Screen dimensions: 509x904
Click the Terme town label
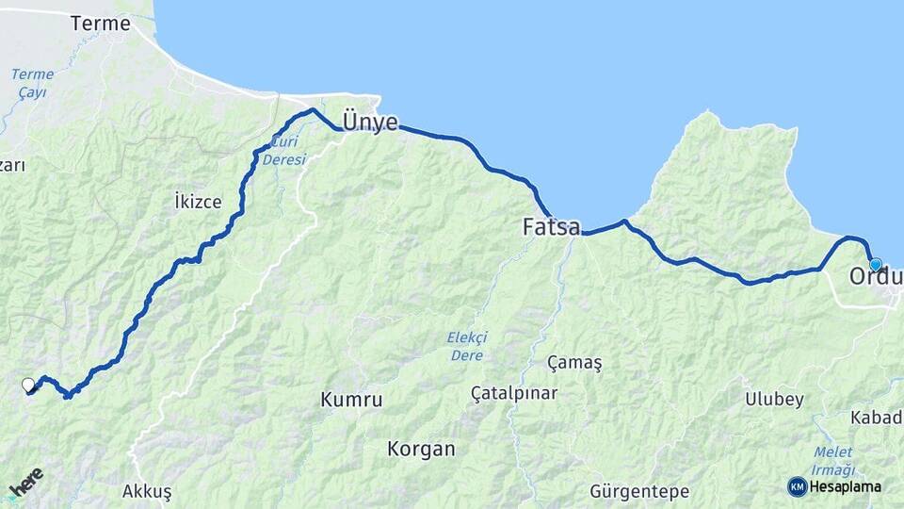tap(100, 24)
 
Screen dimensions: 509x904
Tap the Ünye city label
tap(370, 122)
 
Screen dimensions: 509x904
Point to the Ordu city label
tap(875, 278)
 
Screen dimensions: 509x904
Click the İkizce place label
tap(198, 201)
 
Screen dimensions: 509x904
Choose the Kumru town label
tap(351, 400)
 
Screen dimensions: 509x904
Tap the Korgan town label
tap(421, 449)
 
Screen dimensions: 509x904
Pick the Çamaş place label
tap(573, 363)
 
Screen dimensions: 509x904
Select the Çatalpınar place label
tap(515, 392)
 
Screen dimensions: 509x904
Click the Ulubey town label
tap(774, 399)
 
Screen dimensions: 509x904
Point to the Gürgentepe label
tap(639, 491)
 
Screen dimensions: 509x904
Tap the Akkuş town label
tap(147, 491)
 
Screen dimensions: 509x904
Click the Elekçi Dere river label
tap(466, 346)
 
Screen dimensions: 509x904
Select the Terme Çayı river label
tap(31, 83)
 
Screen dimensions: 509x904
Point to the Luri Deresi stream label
tap(286, 151)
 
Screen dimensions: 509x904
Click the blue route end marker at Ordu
tap(875, 265)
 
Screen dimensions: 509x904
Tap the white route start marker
tap(28, 385)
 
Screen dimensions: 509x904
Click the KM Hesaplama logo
tap(835, 486)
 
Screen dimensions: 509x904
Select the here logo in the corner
tap(26, 483)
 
